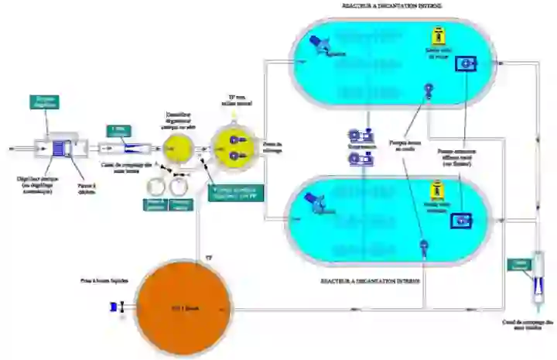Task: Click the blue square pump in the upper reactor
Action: coord(466,63)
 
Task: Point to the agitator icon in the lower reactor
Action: coord(314,202)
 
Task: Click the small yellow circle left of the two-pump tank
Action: coord(179,147)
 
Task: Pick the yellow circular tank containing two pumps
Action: coord(233,147)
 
